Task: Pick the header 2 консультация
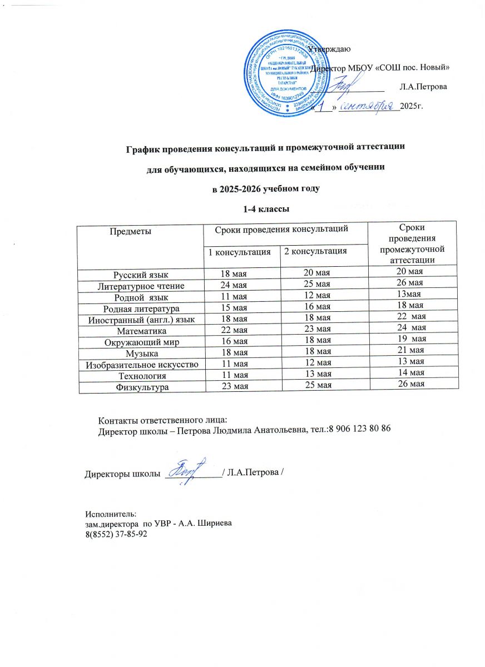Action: (315, 251)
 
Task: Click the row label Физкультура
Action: (138, 388)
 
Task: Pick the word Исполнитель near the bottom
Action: (106, 515)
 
